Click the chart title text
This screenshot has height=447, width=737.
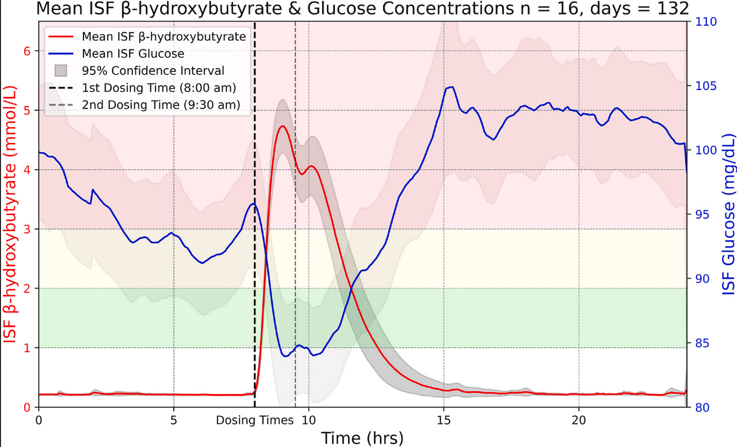pos(362,9)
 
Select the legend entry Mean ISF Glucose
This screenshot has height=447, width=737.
pos(133,54)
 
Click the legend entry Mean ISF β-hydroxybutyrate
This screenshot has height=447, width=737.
pos(163,37)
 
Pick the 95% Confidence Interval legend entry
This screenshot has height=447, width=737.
pos(153,71)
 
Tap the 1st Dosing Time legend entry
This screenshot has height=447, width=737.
pos(158,88)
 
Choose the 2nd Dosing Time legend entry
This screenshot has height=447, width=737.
pos(160,105)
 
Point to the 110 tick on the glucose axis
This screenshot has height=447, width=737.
pos(706,22)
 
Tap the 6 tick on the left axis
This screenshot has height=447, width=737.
pos(27,51)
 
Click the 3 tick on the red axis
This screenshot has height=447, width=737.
pos(27,230)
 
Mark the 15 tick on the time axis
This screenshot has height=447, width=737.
pos(443,420)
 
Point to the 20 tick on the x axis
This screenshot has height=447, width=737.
pos(579,420)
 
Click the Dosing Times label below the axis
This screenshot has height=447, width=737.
pos(254,420)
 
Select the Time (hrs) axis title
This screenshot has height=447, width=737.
pos(362,438)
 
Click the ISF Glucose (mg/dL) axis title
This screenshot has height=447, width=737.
pos(728,214)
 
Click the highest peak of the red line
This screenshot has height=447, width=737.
pos(283,126)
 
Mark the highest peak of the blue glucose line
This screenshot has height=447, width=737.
pos(451,87)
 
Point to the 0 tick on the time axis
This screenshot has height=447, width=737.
pos(39,420)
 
